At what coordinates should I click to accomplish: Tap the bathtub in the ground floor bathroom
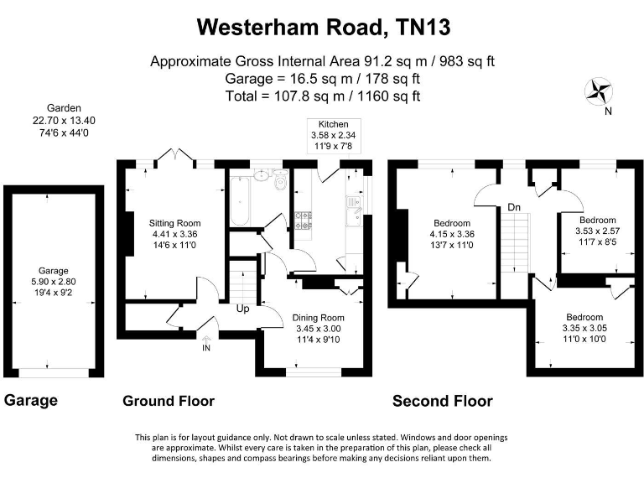(238, 200)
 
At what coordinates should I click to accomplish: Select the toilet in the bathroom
(280, 181)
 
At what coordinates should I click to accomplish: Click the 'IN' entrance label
(206, 348)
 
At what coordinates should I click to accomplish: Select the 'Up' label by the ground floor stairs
(244, 309)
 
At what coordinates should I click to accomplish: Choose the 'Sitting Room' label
(174, 222)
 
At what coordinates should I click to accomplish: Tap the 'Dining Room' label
(318, 318)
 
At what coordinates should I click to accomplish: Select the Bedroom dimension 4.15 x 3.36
(453, 234)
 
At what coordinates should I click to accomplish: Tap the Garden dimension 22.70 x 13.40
(64, 120)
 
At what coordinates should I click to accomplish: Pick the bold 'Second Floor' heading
(442, 401)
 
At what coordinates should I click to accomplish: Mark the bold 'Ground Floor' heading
(169, 401)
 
